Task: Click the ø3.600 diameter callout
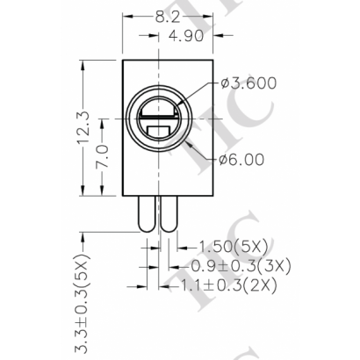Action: (x=250, y=84)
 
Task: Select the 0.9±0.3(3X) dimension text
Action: (x=241, y=264)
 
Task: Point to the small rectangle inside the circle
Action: (x=161, y=134)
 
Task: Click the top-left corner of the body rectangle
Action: (x=122, y=58)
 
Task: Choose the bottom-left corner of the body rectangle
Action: (x=122, y=198)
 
